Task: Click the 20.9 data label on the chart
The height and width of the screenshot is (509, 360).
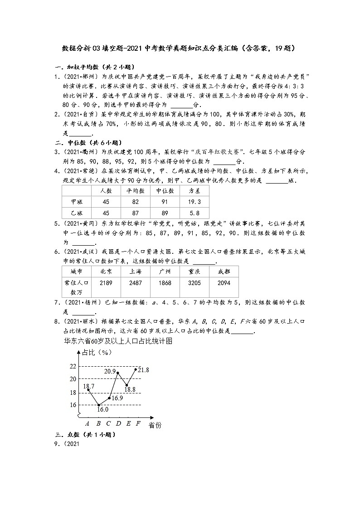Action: pos(110,371)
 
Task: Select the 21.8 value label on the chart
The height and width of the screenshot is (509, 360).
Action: pos(143,370)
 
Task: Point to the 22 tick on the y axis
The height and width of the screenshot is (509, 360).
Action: pos(73,366)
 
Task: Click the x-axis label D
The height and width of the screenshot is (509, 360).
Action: pos(118,424)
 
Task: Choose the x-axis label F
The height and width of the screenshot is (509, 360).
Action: pos(138,424)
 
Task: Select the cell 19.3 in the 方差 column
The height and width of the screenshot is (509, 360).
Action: pos(195,202)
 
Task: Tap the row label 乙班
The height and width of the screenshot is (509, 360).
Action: pos(77,213)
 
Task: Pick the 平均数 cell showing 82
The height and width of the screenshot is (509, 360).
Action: pos(135,202)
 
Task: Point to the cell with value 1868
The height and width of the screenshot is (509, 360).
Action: pos(165,283)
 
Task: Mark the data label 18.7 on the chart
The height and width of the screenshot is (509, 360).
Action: pos(89,386)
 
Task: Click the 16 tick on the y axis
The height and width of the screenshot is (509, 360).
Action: pos(73,405)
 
